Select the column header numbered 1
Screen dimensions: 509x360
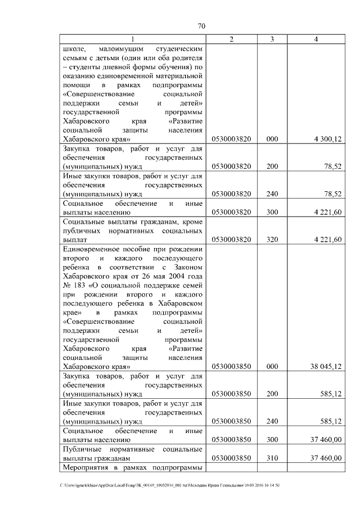click(x=133, y=39)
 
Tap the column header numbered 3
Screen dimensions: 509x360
click(x=272, y=39)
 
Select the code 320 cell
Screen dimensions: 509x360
click(x=272, y=240)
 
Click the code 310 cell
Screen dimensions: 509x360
click(x=272, y=458)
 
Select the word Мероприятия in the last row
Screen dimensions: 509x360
click(x=88, y=468)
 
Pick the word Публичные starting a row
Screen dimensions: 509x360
click(x=82, y=449)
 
